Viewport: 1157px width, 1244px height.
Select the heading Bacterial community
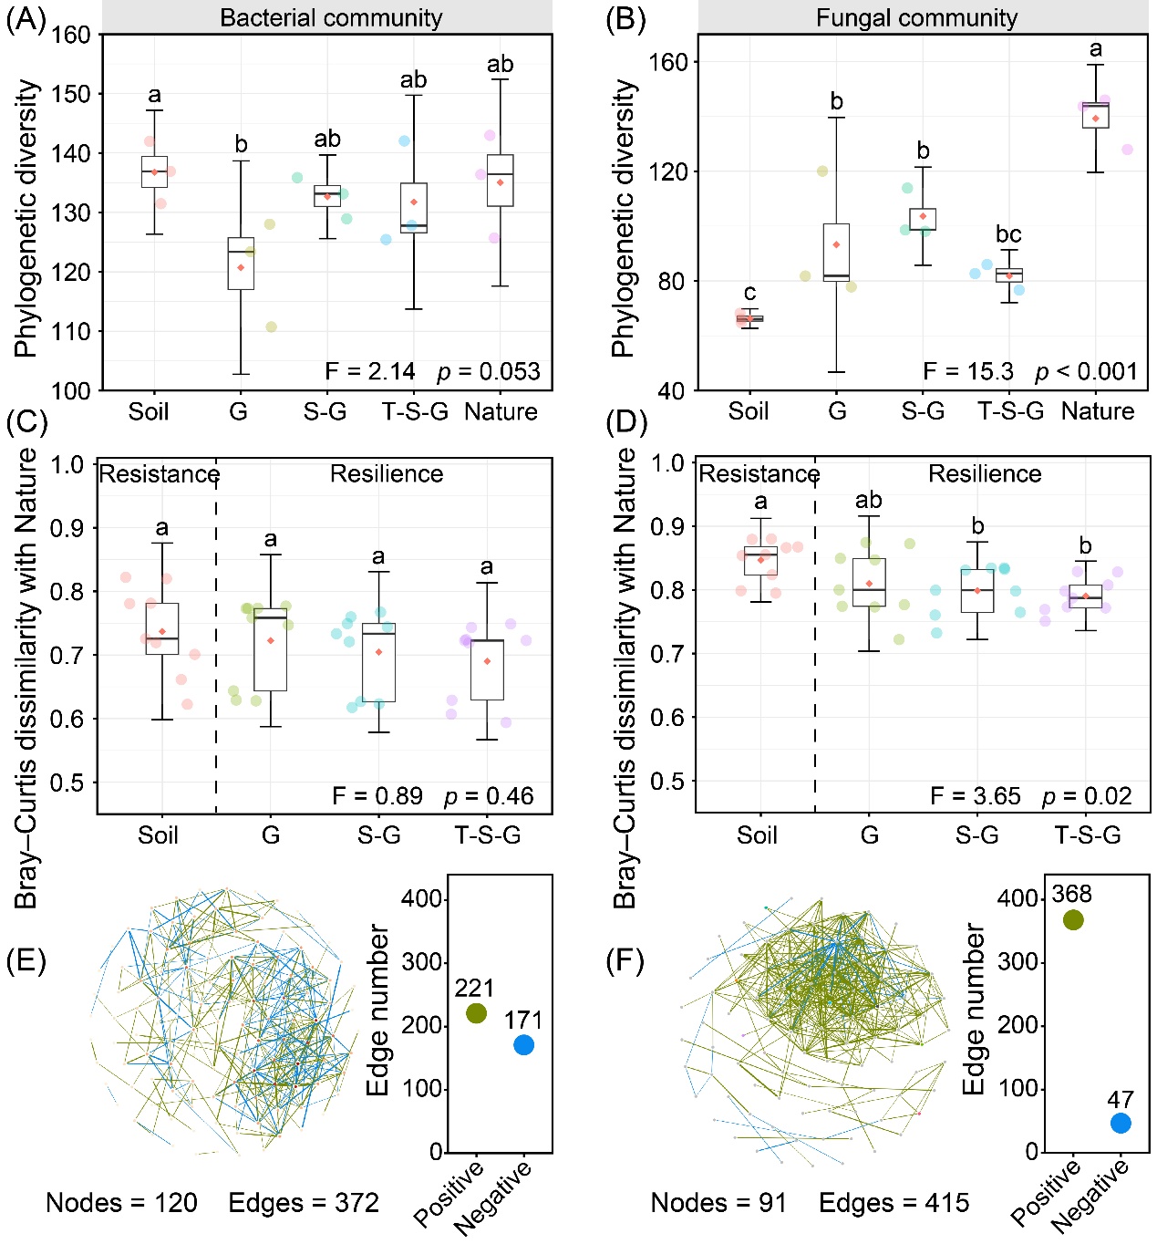click(x=331, y=17)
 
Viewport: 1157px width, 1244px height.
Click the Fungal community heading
click(x=916, y=17)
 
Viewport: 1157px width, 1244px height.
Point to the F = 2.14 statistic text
click(x=370, y=371)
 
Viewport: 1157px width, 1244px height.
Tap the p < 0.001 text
click(x=1086, y=371)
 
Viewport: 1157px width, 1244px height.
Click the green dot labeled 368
click(x=1073, y=920)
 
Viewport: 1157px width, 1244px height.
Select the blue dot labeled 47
click(x=1121, y=1123)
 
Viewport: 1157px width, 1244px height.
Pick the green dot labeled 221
click(x=476, y=1013)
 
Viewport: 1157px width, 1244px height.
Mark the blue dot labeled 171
click(x=523, y=1045)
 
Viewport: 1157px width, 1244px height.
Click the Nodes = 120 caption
click(x=121, y=1203)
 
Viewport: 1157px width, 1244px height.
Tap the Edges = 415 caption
click(x=894, y=1203)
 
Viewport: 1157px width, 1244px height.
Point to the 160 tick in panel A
click(x=71, y=36)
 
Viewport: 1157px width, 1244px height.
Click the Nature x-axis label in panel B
click(x=1098, y=411)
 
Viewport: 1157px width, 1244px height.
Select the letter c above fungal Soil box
click(x=749, y=293)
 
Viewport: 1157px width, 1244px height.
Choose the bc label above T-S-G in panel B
click(x=1008, y=234)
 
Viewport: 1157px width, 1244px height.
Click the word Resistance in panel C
click(x=159, y=474)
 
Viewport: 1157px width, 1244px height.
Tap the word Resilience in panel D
click(x=985, y=473)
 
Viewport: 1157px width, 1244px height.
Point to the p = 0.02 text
click(x=1086, y=796)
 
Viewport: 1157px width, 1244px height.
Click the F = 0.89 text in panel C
click(x=377, y=796)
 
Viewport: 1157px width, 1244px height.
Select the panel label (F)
click(x=625, y=960)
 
